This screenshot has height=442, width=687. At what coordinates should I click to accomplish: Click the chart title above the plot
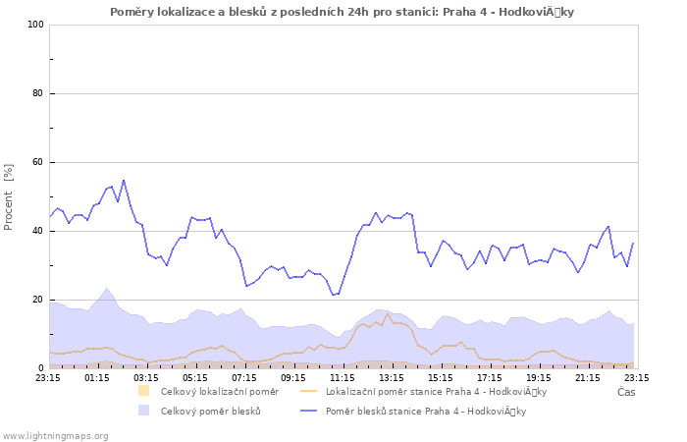(x=343, y=11)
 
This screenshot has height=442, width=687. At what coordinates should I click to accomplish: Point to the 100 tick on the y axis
(x=36, y=25)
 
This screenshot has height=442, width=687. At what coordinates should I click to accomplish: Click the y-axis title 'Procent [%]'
(x=9, y=196)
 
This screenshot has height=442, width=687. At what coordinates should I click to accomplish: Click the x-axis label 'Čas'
(x=626, y=392)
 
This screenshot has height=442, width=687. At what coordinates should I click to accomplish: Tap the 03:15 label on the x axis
(x=146, y=376)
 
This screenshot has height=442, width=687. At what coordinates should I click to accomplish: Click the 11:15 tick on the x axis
(x=343, y=376)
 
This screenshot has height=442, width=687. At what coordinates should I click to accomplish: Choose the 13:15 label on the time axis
(x=392, y=376)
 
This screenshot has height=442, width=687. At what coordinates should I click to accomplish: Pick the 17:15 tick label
(x=490, y=376)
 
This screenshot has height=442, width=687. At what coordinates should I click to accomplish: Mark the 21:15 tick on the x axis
(x=588, y=376)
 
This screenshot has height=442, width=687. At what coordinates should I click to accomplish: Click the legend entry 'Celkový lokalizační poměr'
(x=219, y=391)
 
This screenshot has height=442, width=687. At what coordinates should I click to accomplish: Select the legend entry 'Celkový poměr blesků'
(x=210, y=411)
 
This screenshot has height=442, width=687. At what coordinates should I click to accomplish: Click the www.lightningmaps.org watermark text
(x=55, y=435)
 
